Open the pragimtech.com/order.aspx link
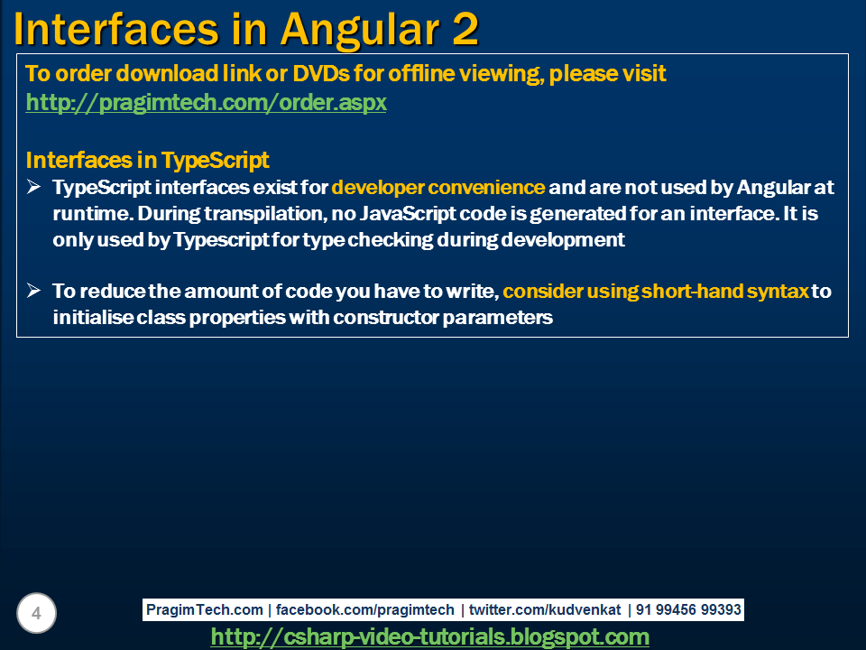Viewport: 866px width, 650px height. coord(206,103)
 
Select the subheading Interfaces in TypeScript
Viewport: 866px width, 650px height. coord(147,161)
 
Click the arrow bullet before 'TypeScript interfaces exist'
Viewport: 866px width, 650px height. coord(34,188)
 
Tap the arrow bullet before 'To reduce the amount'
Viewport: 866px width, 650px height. coord(34,291)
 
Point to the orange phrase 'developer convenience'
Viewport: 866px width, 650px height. coord(438,188)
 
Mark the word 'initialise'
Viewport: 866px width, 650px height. coord(93,318)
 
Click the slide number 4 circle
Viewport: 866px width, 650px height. coord(36,614)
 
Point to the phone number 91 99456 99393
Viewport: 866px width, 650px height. coord(688,610)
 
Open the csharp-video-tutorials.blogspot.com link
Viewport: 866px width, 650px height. coord(429,637)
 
